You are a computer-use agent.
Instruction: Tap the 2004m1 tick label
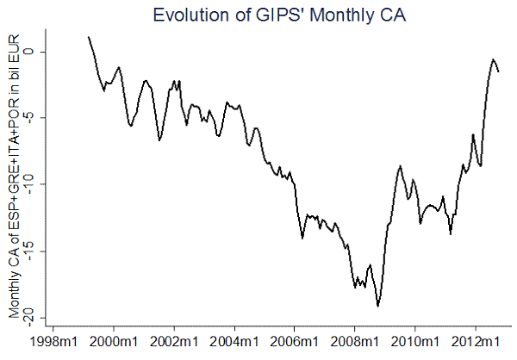[235, 342]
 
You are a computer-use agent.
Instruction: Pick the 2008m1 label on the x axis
[355, 342]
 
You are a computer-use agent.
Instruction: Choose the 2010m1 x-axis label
[415, 342]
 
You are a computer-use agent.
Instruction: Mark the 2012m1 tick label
[476, 342]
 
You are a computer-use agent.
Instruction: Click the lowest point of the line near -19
[378, 306]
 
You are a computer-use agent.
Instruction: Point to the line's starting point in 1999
[89, 37]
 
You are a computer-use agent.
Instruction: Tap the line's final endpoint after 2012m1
[499, 71]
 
